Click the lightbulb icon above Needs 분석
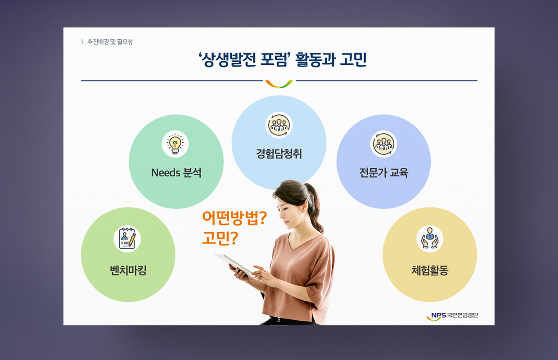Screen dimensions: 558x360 click(175, 144)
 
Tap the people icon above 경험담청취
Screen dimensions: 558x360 click(279, 125)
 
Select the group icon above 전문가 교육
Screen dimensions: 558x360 click(383, 144)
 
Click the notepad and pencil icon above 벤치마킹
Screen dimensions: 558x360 click(127, 238)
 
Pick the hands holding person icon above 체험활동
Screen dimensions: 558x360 click(430, 238)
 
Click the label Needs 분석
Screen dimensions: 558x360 click(176, 172)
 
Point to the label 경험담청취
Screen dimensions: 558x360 click(279, 153)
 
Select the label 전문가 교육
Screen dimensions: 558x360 click(383, 172)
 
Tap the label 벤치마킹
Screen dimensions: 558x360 click(128, 270)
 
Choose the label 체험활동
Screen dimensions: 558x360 click(430, 270)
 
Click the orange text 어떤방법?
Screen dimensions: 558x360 click(234, 218)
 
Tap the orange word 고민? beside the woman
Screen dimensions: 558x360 click(220, 238)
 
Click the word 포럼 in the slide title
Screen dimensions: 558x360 click(274, 59)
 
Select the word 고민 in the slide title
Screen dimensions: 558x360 click(353, 59)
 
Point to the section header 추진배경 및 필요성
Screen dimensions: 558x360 click(110, 42)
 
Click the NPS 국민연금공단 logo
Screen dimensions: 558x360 click(452, 316)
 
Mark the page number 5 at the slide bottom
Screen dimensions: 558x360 click(279, 319)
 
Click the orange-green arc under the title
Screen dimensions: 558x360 click(279, 85)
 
